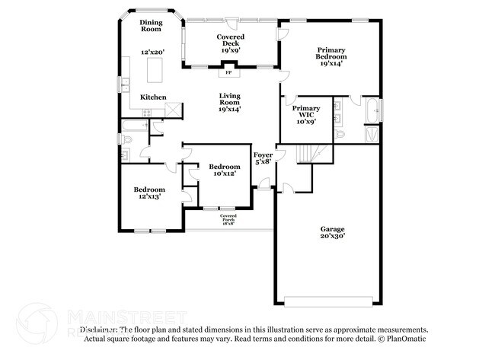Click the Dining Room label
pos(151,25)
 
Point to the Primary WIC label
pos(306,112)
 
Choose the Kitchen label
pos(153,97)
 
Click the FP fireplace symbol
pos(228,73)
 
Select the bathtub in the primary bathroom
pos(372,111)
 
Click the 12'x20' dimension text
pos(151,53)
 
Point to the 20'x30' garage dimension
pos(332,237)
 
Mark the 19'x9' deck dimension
pos(230,49)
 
